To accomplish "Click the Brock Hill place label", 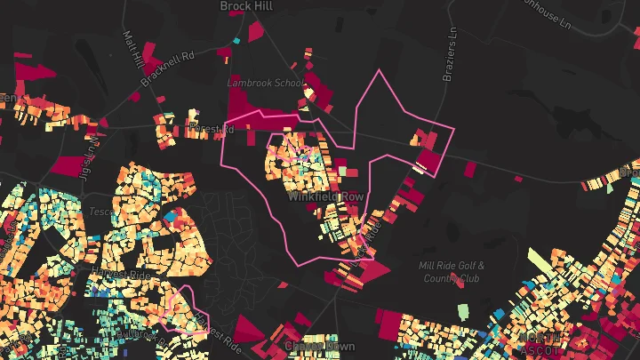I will coord(246,6).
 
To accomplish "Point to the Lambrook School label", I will coord(265,83).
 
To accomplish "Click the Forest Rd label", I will coord(211,130).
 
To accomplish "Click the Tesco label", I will coord(100,212).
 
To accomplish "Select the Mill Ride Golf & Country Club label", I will coord(452,271).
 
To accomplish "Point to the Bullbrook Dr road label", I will coord(133,335).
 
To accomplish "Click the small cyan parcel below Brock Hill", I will coord(236,40).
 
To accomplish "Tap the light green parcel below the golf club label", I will coord(463,310).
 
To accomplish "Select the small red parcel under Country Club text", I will coord(459,283).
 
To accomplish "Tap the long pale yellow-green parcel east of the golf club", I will coord(541,262).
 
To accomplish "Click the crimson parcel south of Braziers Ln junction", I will coord(429,160).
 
